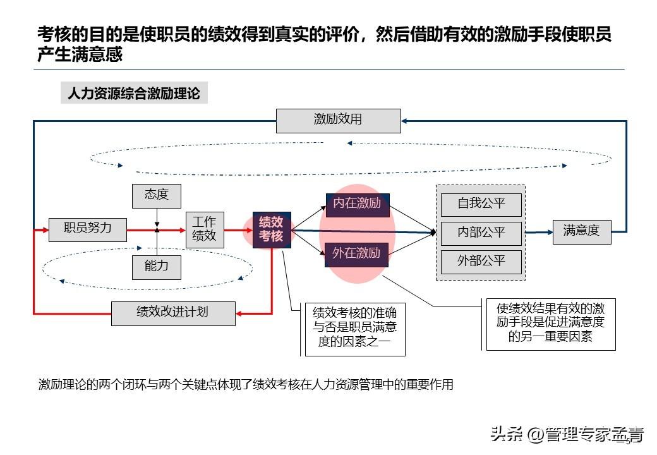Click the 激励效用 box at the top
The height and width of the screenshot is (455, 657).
338,120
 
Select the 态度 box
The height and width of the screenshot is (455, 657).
156,195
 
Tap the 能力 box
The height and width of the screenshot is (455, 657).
156,267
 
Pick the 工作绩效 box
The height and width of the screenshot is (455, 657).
205,229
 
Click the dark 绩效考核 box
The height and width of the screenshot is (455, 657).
272,229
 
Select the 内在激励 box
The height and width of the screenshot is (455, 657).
357,205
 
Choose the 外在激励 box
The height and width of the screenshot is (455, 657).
357,254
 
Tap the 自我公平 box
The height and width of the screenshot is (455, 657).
481,204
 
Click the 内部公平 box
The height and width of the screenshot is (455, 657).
481,233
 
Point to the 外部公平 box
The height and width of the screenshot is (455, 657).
481,261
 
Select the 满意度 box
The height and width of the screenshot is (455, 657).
581,231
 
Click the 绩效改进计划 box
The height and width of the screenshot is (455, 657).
173,313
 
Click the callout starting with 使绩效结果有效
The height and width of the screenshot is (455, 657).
550,324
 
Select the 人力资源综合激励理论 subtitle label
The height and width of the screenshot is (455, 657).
134,94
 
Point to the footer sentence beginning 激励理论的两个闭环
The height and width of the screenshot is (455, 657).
246,384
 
